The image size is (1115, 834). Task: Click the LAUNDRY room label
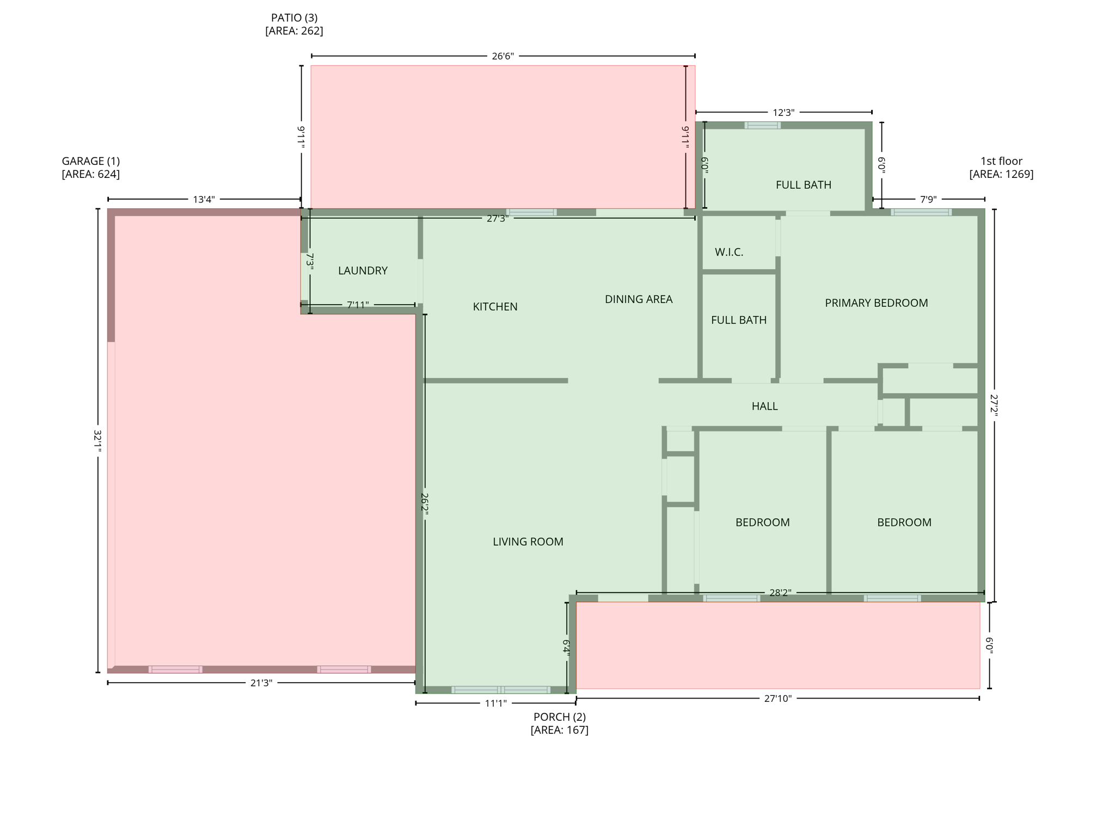[x=363, y=270]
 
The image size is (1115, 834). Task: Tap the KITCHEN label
[x=495, y=307]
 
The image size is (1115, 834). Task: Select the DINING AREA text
[x=639, y=299]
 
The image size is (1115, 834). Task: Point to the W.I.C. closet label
[x=728, y=252]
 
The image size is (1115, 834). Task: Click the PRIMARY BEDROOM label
[x=876, y=303]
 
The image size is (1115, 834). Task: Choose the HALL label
[x=764, y=406]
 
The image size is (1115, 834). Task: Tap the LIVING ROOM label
[x=528, y=541]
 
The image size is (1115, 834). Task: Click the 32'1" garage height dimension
[x=97, y=441]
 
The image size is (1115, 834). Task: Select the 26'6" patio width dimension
[x=503, y=56]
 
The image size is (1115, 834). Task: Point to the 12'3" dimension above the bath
[x=783, y=113]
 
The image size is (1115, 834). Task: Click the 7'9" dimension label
[x=928, y=199]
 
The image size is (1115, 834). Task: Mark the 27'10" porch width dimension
[x=777, y=699]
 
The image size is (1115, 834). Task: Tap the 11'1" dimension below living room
[x=495, y=703]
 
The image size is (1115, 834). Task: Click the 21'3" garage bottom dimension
[x=261, y=683]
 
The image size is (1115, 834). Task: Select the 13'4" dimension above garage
[x=204, y=199]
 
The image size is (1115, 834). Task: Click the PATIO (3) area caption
[x=294, y=24]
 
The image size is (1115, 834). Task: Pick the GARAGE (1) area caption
[x=90, y=168]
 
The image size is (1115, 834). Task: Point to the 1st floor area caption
[x=1001, y=168]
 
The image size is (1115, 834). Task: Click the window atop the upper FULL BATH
[x=762, y=125]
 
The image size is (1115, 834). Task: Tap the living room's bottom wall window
[x=500, y=690]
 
